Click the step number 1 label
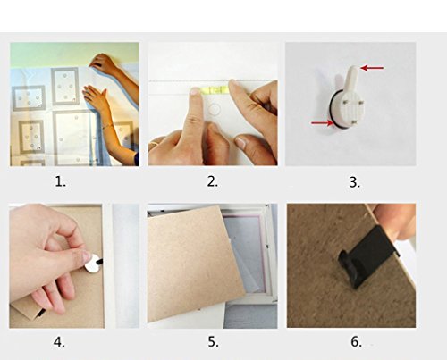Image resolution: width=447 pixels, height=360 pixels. pyautogui.click(x=61, y=181)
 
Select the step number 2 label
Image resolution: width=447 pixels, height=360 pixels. pyautogui.click(x=213, y=181)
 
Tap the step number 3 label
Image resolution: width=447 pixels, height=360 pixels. pyautogui.click(x=355, y=182)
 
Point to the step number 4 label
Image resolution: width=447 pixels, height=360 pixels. pyautogui.click(x=59, y=342)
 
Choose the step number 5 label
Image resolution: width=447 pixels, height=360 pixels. pyautogui.click(x=213, y=342)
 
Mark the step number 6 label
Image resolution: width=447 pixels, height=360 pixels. pyautogui.click(x=356, y=341)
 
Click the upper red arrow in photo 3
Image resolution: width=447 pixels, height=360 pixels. pyautogui.click(x=372, y=68)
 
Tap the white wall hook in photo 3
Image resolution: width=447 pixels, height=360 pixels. pyautogui.click(x=349, y=100)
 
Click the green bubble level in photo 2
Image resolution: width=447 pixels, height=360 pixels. pyautogui.click(x=214, y=89)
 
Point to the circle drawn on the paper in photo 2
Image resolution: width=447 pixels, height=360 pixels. pyautogui.click(x=214, y=110)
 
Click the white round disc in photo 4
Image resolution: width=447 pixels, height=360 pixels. pyautogui.click(x=92, y=264)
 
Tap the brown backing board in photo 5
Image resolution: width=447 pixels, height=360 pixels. pyautogui.click(x=195, y=265)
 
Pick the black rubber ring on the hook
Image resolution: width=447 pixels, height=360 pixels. pyautogui.click(x=332, y=114)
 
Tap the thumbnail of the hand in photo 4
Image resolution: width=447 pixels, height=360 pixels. pyautogui.click(x=87, y=256)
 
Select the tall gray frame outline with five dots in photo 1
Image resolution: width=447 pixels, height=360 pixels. pyautogui.click(x=65, y=86)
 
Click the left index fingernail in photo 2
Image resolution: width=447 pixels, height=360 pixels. pyautogui.click(x=195, y=92)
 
